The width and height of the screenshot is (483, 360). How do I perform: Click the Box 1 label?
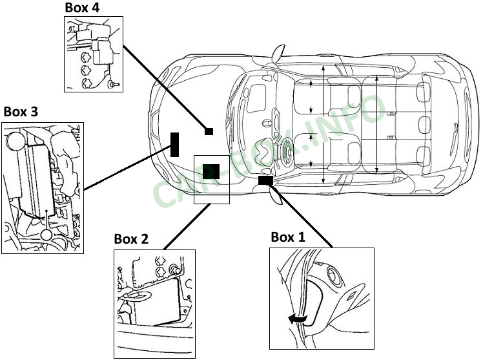tap(288, 237)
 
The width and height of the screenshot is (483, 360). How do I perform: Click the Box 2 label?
tap(131, 239)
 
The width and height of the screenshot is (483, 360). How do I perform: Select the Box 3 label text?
tap(21, 112)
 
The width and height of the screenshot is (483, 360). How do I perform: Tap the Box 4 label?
tap(82, 8)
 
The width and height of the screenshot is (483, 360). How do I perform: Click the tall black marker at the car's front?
tap(174, 145)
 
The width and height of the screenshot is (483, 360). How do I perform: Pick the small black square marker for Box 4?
tap(209, 131)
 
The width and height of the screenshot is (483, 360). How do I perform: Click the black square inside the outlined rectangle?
tap(211, 171)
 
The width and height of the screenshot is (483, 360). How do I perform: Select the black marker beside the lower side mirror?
tap(265, 180)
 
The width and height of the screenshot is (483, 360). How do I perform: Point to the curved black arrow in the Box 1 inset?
tap(297, 320)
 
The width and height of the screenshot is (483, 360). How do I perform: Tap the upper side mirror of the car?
tap(278, 52)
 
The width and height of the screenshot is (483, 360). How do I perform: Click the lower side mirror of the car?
tap(276, 195)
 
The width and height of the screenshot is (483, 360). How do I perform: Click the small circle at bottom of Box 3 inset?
tap(46, 235)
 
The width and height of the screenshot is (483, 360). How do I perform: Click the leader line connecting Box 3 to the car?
tap(127, 167)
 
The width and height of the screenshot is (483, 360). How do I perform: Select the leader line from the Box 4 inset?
tap(165, 88)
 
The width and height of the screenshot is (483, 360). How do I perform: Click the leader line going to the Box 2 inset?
tap(187, 226)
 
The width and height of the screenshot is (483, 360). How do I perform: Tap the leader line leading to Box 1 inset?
tap(301, 215)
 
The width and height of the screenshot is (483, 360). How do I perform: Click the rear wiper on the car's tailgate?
tap(456, 139)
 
